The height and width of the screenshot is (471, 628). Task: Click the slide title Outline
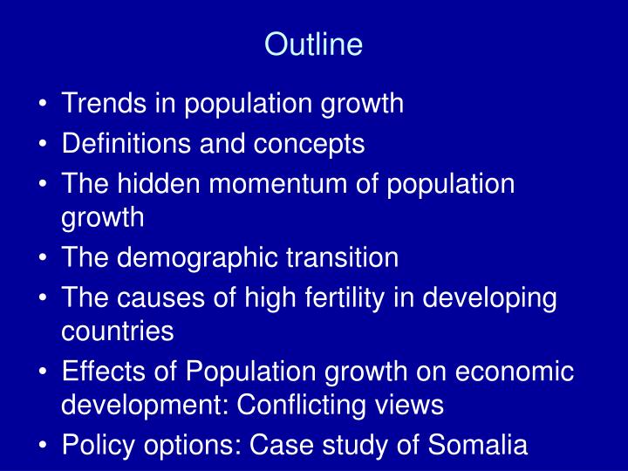(313, 44)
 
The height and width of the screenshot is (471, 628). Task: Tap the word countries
(118, 332)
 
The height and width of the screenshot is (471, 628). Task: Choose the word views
(413, 406)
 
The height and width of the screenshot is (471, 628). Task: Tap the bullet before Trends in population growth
(44, 105)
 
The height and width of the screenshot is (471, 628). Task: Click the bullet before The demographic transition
(44, 258)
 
